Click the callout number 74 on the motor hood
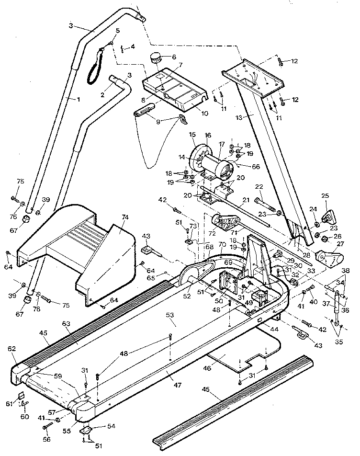pyautogui.click(x=125, y=217)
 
